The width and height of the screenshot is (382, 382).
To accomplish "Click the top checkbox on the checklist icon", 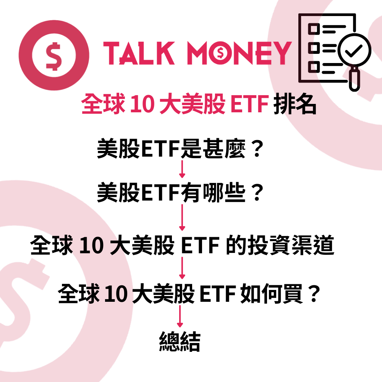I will pyautogui.click(x=314, y=29).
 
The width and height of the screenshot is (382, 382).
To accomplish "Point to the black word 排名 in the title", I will pyautogui.click(x=295, y=105).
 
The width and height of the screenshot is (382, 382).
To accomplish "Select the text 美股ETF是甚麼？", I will pyautogui.click(x=180, y=149).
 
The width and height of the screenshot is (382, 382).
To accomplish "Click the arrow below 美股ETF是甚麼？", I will pyautogui.click(x=182, y=169).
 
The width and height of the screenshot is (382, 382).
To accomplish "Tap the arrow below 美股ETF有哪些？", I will pyautogui.click(x=182, y=217).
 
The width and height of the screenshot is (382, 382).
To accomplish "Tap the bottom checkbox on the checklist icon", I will pyautogui.click(x=314, y=66).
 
